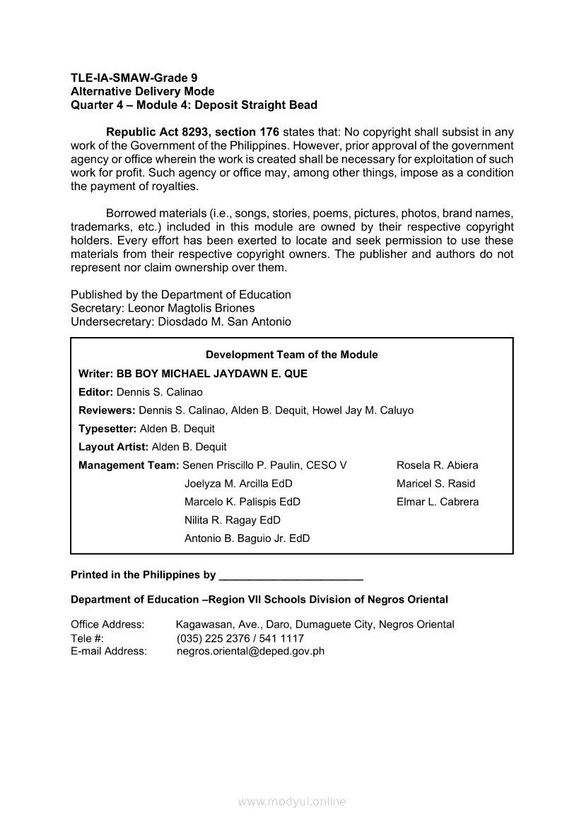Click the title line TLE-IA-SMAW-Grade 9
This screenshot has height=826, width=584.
134,78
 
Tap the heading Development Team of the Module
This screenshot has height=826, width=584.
291,355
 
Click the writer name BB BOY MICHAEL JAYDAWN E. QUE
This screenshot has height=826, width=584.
212,373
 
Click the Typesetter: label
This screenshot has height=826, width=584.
107,428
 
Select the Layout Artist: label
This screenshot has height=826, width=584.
113,447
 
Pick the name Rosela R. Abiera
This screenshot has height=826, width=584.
437,465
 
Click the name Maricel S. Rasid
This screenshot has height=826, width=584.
436,483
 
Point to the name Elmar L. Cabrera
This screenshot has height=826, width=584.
437,502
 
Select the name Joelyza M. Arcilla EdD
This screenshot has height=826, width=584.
238,483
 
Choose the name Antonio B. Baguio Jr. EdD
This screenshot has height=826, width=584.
247,538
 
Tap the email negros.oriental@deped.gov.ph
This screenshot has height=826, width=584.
250,651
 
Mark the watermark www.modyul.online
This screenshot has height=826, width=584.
292,801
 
